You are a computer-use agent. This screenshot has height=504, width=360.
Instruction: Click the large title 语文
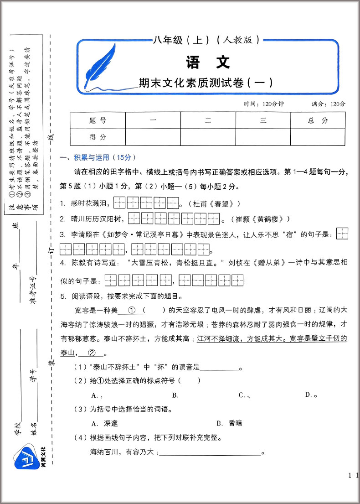click(x=208, y=62)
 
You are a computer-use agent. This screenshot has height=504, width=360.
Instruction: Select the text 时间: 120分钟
click(x=264, y=104)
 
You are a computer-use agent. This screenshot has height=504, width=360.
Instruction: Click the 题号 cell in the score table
click(x=98, y=120)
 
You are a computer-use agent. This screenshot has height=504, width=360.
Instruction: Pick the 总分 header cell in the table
click(x=318, y=120)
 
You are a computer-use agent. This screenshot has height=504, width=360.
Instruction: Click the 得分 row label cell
click(x=98, y=136)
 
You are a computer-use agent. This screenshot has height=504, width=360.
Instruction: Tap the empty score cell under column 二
click(x=208, y=136)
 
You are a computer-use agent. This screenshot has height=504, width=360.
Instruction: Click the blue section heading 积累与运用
click(x=92, y=157)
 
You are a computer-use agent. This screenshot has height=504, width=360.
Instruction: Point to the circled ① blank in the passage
click(x=131, y=310)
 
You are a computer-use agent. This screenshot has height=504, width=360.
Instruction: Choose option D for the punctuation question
click(x=311, y=395)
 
